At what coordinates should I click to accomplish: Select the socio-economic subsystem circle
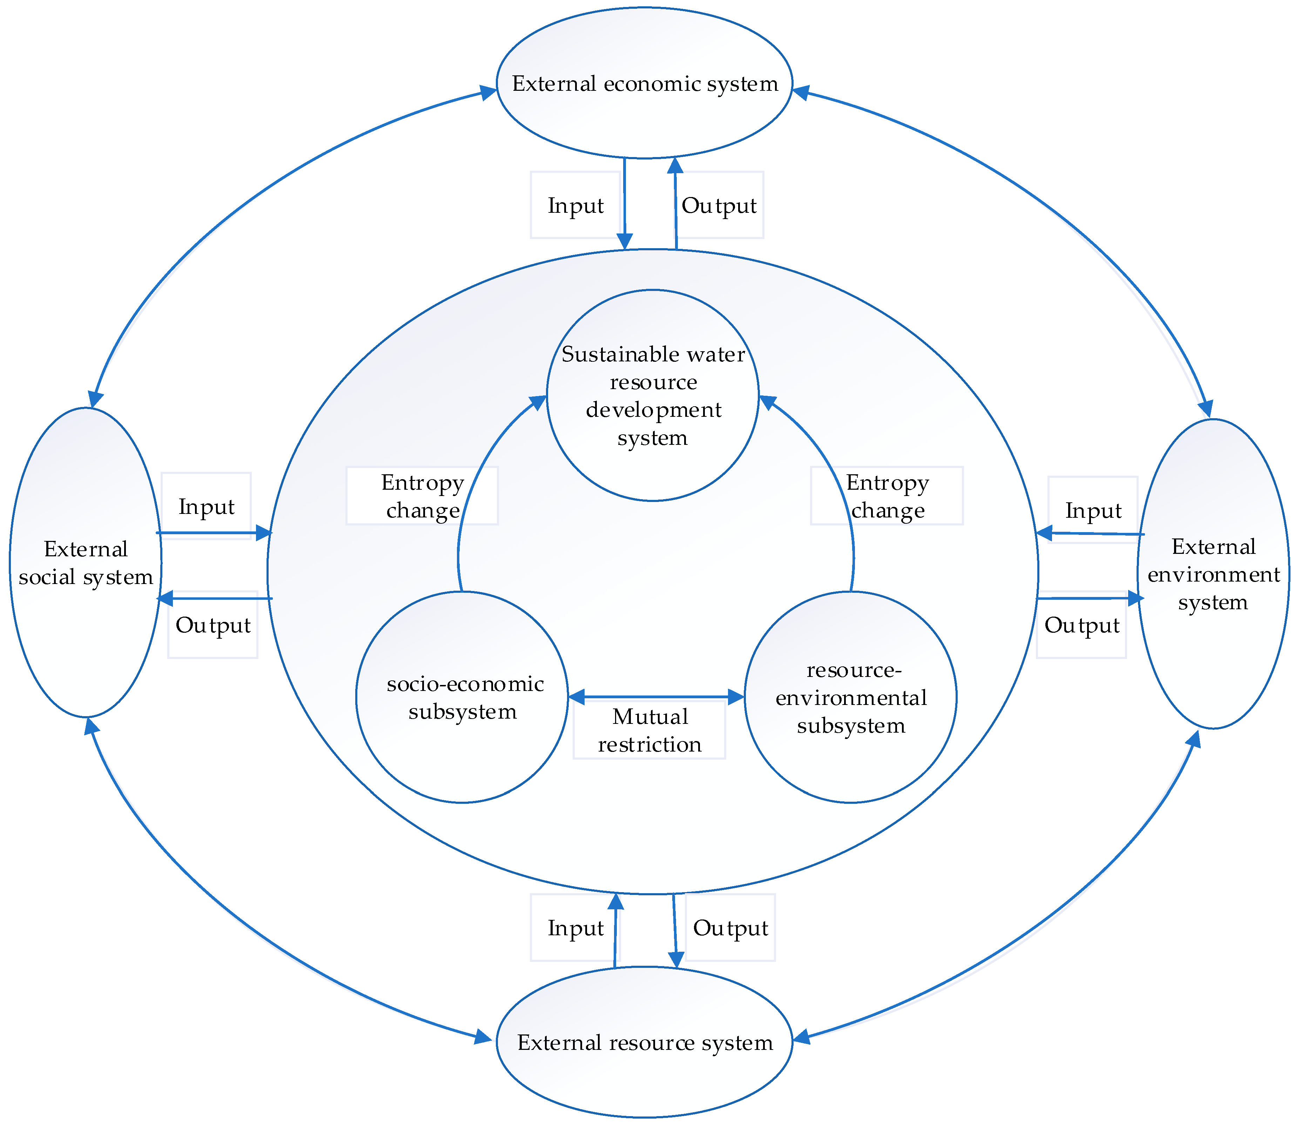coord(463,697)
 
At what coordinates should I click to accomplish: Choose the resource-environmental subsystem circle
coord(850,697)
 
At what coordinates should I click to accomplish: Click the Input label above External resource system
coord(575,928)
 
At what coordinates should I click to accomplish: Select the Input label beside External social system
coord(206,506)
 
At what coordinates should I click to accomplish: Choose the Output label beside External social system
coord(213,625)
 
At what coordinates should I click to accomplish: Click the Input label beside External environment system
coord(1093,510)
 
